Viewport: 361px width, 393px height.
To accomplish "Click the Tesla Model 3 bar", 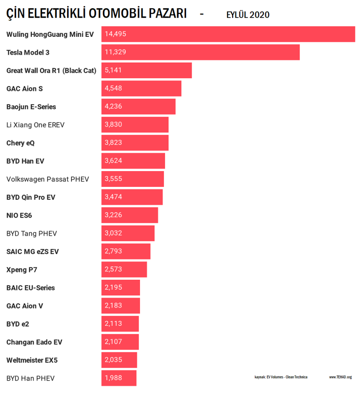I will coord(200,52).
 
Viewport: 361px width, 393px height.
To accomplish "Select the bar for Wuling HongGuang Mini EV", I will coord(228,34).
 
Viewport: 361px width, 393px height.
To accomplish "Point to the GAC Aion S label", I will coord(25,89).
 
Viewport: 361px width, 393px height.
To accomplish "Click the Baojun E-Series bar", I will coord(138,107).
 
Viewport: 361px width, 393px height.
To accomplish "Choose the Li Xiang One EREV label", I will coord(36,125).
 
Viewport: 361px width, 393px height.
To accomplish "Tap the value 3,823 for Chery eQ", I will coord(113,143).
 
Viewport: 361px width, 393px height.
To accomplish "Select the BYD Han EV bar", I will coord(133,161).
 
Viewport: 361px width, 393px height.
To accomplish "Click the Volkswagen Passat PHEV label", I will coord(48,179).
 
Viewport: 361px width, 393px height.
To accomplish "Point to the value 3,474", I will coord(113,197).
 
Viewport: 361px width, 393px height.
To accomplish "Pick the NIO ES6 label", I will coord(19,215).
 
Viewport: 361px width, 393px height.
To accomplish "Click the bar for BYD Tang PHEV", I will coord(128,233).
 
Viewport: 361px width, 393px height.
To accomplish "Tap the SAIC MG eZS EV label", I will coord(33,252).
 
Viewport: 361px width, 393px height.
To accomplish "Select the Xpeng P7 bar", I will coord(124,269).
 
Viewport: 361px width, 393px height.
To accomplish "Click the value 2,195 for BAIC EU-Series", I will coord(113,287).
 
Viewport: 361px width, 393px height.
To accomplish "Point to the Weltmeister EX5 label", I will coord(32,360).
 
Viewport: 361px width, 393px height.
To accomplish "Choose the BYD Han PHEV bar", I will coord(119,378).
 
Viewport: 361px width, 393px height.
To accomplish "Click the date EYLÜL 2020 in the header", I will coord(248,15).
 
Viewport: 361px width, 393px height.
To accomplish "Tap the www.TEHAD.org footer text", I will coord(340,377).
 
